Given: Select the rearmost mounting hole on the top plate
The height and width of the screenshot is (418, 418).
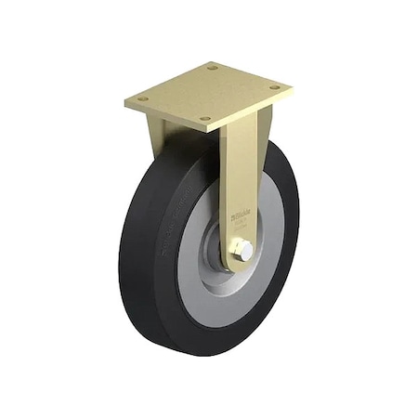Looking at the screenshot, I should click(213, 68).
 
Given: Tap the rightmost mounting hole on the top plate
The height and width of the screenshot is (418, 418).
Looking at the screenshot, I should click(275, 88).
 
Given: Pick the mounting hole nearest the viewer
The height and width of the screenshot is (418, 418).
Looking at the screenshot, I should click(206, 118).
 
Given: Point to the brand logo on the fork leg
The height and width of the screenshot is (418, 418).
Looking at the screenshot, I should click(239, 216).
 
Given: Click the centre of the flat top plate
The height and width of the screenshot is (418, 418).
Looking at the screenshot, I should click(209, 93).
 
